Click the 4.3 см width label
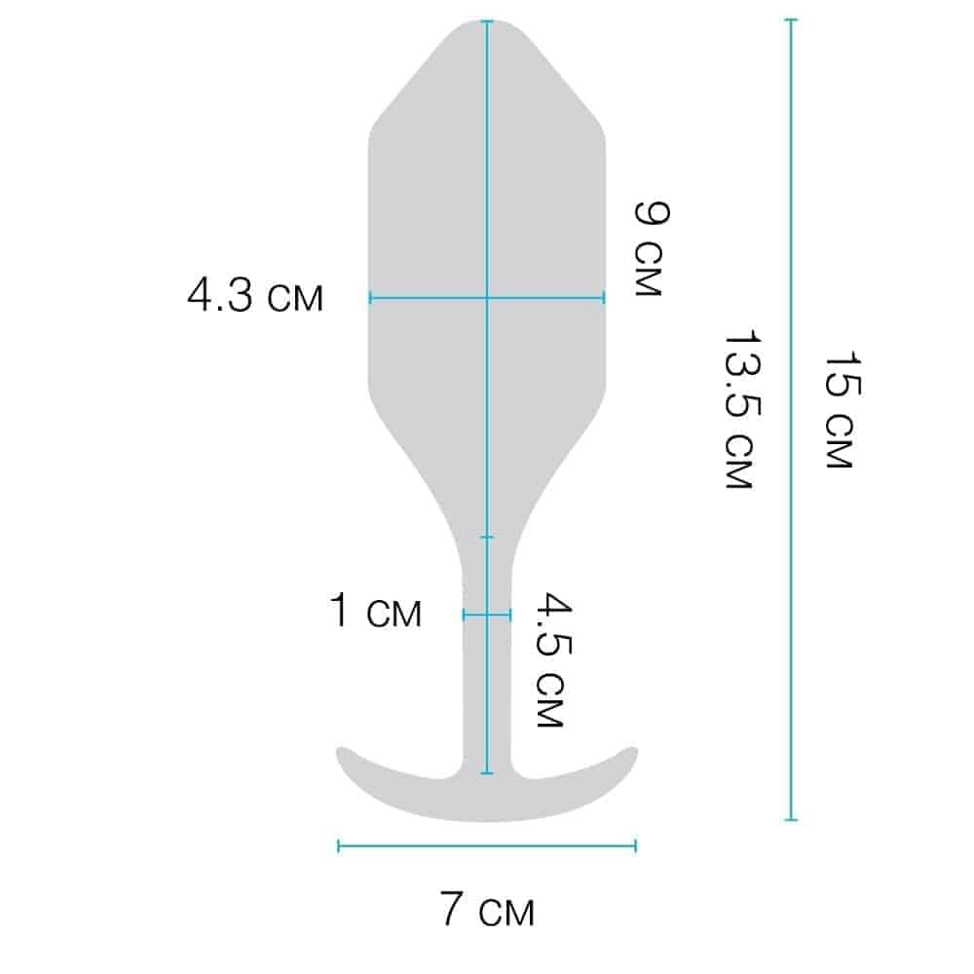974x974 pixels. [x=255, y=295]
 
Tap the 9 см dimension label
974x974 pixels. [x=651, y=248]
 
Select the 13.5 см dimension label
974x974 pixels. [x=741, y=409]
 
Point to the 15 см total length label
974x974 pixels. [x=842, y=410]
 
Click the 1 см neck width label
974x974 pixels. [x=375, y=610]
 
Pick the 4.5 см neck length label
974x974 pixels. [x=551, y=659]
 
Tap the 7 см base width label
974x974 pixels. [x=488, y=909]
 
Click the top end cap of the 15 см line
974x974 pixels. [x=791, y=19]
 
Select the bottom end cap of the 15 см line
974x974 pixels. [x=791, y=820]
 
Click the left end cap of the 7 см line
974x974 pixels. [x=339, y=845]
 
